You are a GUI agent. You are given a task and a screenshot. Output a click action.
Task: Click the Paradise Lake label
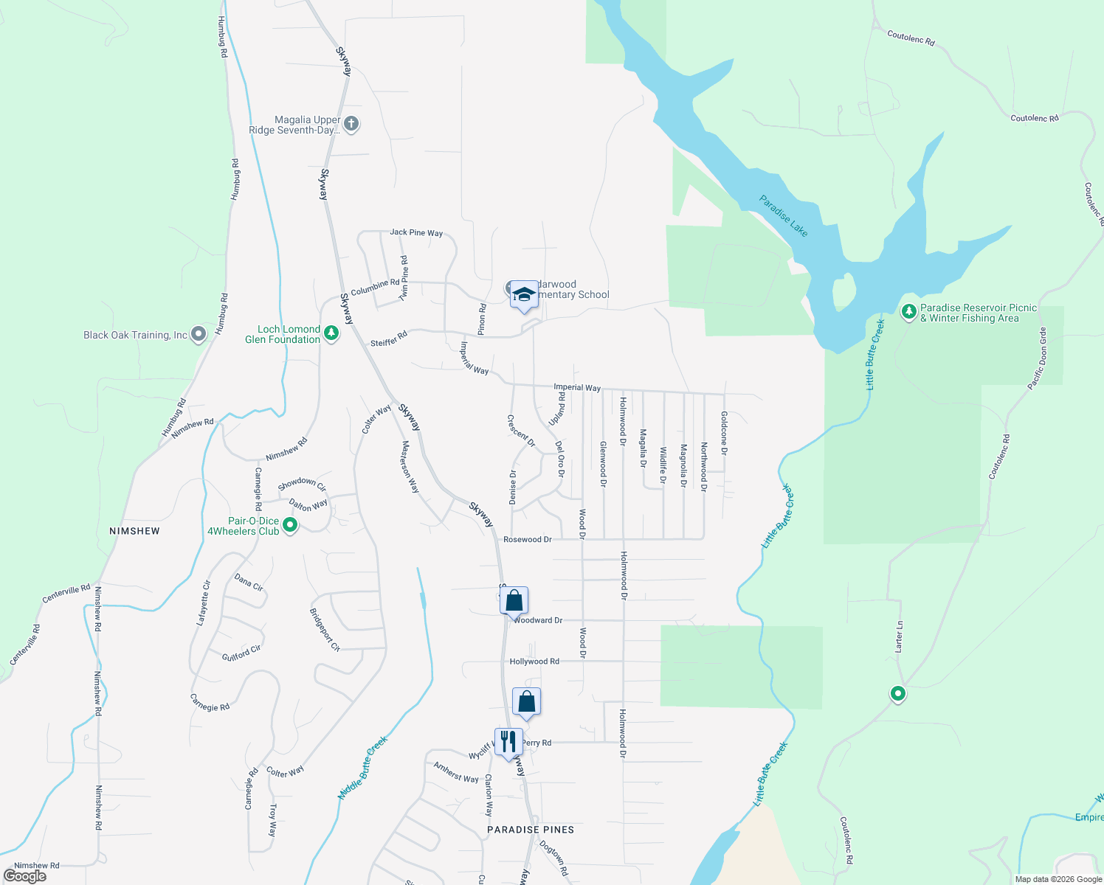click(x=784, y=215)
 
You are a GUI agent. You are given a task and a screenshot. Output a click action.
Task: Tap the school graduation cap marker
click(x=524, y=295)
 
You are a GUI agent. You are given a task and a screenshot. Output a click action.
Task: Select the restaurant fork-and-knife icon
click(x=508, y=742)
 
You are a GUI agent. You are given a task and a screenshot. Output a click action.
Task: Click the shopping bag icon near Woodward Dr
click(x=514, y=600)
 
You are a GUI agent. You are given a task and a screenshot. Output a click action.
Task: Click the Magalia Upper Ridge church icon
click(x=352, y=124)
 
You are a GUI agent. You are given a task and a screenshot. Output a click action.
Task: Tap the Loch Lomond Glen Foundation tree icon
click(x=332, y=334)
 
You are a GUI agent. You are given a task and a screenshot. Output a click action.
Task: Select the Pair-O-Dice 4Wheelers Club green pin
click(x=290, y=526)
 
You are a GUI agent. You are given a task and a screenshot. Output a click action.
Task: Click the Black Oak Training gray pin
click(x=199, y=335)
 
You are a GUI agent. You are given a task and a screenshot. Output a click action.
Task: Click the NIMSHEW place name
click(x=134, y=531)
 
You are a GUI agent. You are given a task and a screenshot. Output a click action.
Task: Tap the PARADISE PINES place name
click(x=531, y=830)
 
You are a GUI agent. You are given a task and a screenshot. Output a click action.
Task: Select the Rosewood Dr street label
click(x=527, y=540)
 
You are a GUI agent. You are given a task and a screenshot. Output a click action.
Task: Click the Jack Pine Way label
click(x=416, y=232)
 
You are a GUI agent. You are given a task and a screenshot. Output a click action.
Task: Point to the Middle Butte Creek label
click(x=363, y=768)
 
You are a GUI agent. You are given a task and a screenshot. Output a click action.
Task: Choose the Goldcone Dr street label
click(x=724, y=433)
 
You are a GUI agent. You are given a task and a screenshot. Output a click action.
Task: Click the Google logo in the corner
click(x=25, y=876)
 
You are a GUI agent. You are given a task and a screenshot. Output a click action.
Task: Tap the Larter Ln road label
click(x=899, y=636)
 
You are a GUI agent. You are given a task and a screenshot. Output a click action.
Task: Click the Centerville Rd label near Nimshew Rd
click(x=66, y=594)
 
